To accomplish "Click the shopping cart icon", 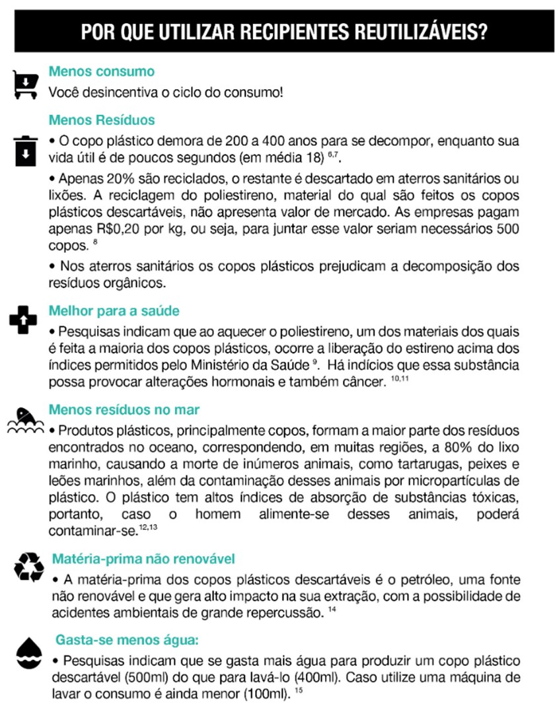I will [24, 85].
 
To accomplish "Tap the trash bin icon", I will [24, 151].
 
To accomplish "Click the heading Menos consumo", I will [102, 71].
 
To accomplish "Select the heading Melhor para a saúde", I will [114, 310].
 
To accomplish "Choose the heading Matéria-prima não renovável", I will [143, 559].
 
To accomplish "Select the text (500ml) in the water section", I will [143, 677].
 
